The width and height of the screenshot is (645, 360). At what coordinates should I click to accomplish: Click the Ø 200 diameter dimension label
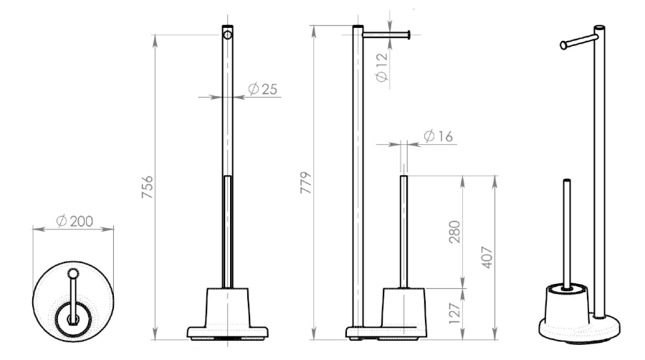click(75, 222)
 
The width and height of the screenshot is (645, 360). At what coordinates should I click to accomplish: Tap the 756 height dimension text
click(147, 187)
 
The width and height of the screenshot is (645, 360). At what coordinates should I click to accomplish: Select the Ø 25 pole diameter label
click(263, 89)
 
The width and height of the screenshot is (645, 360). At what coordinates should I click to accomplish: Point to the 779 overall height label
click(305, 183)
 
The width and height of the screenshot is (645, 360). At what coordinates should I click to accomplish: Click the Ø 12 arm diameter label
click(382, 67)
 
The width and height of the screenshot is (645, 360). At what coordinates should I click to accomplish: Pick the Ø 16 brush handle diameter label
click(438, 136)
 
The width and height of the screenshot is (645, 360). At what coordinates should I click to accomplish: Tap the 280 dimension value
click(454, 232)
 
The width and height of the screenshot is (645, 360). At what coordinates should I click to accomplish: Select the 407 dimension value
click(487, 257)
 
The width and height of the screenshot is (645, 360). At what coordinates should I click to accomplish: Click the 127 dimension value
click(454, 313)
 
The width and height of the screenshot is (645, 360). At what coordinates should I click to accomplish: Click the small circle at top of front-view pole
click(227, 35)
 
